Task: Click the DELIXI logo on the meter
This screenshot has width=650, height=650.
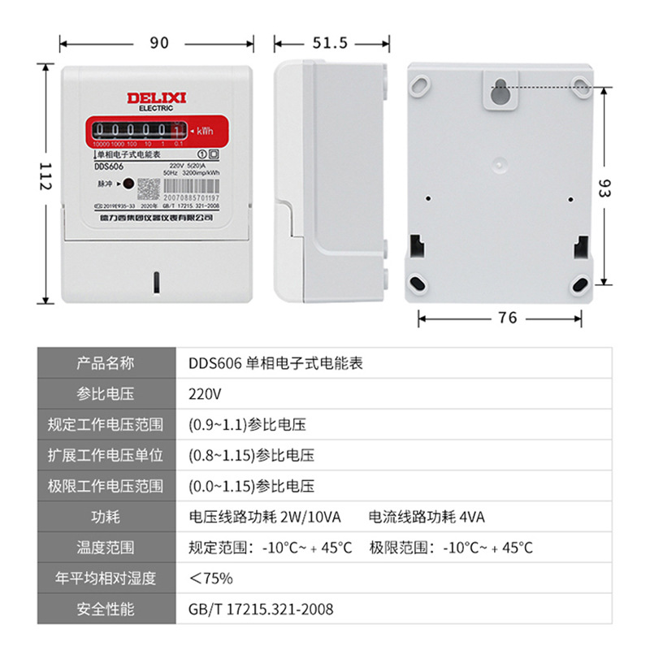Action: click(157, 97)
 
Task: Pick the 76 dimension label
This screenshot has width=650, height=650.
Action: click(507, 318)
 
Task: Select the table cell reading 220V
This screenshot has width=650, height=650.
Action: click(204, 394)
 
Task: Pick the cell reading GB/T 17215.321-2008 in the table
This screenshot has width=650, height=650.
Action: click(260, 609)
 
